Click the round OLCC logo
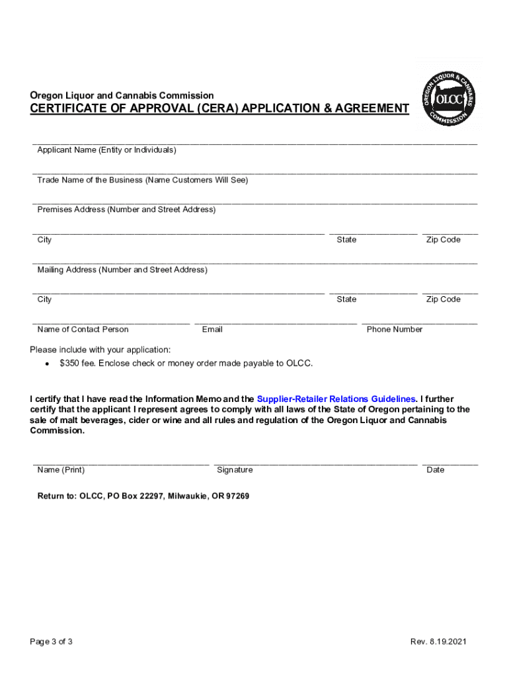tap(449, 98)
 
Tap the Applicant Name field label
tap(106, 150)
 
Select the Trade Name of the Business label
tap(142, 180)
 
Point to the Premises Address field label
tap(126, 210)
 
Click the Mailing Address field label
tap(122, 270)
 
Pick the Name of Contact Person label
tap(83, 329)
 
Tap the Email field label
tap(212, 329)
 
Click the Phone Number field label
tap(395, 329)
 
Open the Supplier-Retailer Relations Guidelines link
tap(336, 399)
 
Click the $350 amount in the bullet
tap(69, 363)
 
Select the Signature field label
tap(235, 470)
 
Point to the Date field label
tap(436, 470)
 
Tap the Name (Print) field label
tap(61, 470)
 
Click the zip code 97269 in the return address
tap(237, 496)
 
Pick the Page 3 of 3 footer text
tap(51, 642)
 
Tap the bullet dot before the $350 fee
tap(46, 364)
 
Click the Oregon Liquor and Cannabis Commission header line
tap(122, 95)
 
